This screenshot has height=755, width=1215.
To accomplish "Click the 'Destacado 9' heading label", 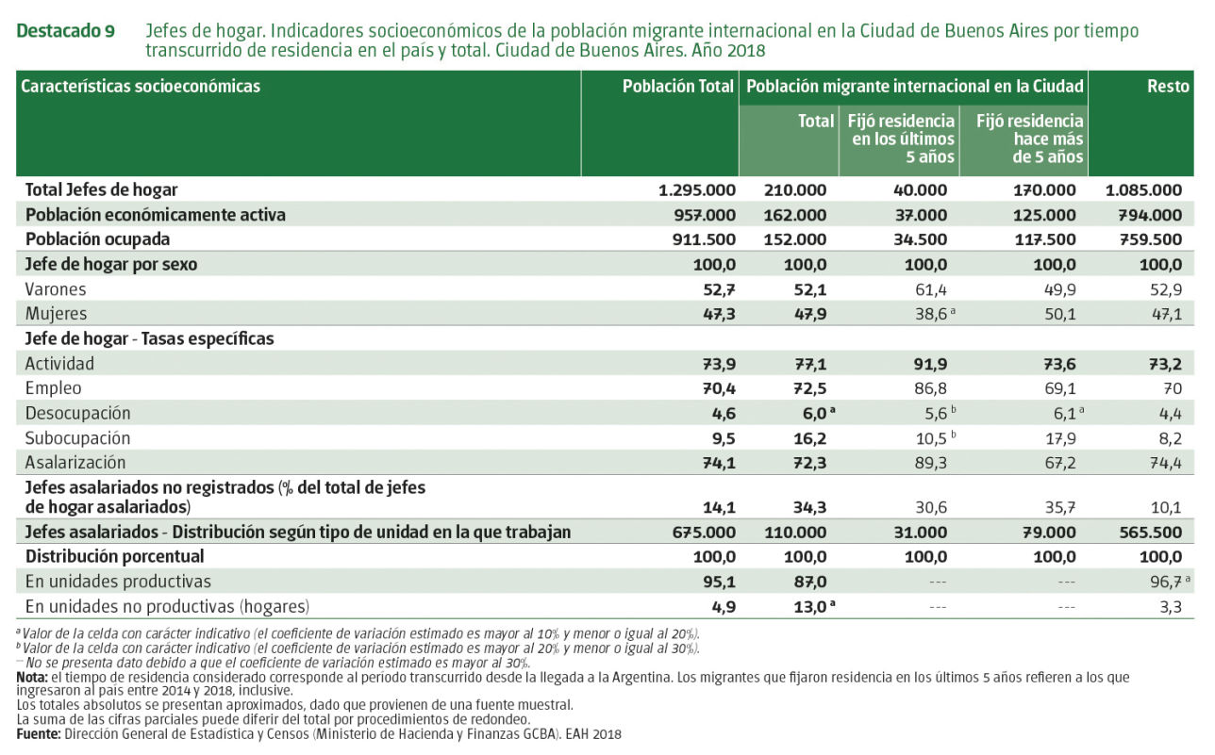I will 66,31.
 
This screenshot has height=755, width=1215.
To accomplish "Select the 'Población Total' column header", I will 677,87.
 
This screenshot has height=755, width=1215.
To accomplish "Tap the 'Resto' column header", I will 1167,87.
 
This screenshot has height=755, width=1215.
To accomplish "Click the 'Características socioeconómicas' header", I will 141,87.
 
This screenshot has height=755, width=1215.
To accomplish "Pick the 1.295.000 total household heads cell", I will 696,189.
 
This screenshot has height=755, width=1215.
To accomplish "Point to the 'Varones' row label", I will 56,289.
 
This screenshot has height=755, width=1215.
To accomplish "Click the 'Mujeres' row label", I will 57,314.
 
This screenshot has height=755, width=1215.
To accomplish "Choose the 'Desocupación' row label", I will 77,413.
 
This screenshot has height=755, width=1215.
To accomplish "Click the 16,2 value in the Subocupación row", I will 809,438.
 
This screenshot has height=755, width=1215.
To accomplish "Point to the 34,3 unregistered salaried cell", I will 809,507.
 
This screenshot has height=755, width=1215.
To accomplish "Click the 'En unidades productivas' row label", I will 118,582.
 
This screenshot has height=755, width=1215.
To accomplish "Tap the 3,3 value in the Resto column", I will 1170,607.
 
